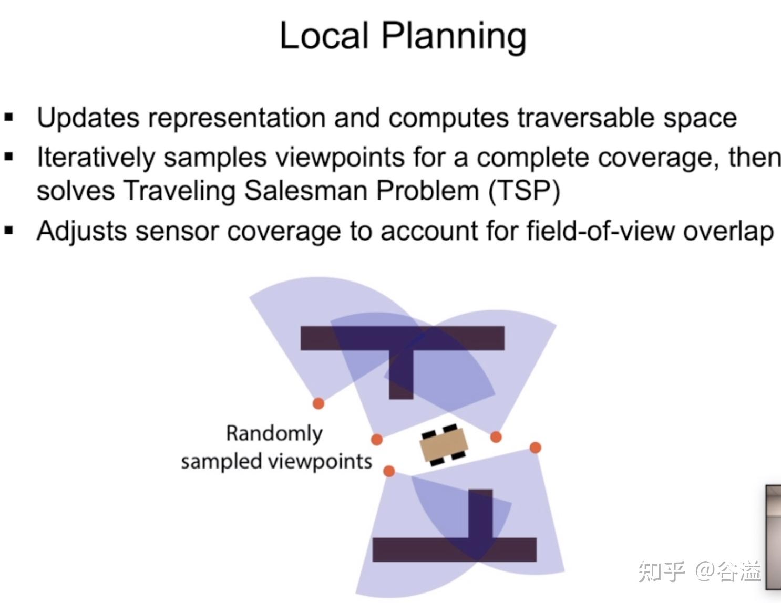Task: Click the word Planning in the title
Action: pyautogui.click(x=453, y=37)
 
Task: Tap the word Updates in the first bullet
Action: pyautogui.click(x=88, y=118)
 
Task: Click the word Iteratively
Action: pyautogui.click(x=96, y=157)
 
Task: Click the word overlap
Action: pyautogui.click(x=728, y=231)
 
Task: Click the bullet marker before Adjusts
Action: pyautogui.click(x=9, y=231)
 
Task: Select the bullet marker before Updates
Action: pyautogui.click(x=9, y=118)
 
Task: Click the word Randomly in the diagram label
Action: pyautogui.click(x=274, y=434)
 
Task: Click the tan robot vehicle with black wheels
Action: pyautogui.click(x=443, y=445)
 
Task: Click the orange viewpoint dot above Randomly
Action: pyautogui.click(x=318, y=403)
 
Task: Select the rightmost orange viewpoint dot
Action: pyautogui.click(x=535, y=448)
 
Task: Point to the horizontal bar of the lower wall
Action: pyautogui.click(x=420, y=549)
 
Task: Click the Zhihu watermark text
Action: pyautogui.click(x=700, y=571)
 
